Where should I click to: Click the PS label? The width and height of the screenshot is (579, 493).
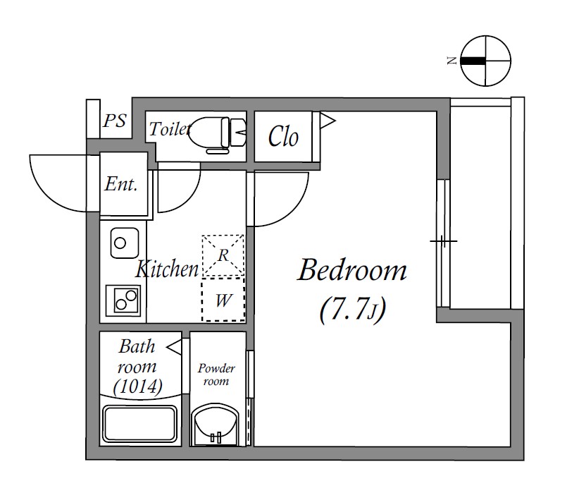(115, 121)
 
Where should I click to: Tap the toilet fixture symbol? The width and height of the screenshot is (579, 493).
(217, 135)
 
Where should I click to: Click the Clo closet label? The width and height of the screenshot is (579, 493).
(283, 136)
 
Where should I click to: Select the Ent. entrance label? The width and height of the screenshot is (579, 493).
(121, 184)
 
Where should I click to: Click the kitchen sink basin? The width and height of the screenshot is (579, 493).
(124, 243)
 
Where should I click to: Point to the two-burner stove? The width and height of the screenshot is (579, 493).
(123, 300)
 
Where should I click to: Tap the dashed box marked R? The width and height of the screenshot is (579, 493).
(223, 255)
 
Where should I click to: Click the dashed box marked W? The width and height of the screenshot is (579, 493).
(223, 300)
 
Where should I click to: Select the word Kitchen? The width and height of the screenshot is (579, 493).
(167, 269)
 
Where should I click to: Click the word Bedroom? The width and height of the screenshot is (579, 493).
(352, 270)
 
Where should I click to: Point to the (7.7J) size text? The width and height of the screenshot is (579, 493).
(353, 310)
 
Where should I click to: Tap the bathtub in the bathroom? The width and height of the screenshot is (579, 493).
(140, 424)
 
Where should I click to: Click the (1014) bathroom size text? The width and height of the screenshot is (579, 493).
(138, 387)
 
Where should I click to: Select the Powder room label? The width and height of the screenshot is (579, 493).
(216, 375)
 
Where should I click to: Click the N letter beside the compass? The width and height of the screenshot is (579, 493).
(452, 61)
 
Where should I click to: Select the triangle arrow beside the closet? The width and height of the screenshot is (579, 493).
(326, 120)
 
